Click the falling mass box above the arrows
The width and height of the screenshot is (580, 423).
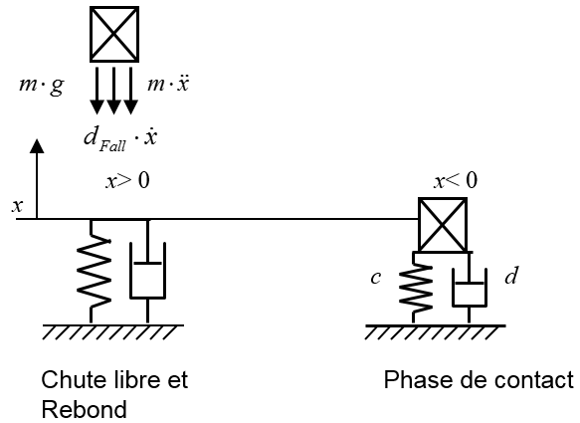pos(114,34)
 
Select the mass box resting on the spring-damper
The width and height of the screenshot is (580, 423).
pos(443,225)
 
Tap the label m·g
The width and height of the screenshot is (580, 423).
pos(42,86)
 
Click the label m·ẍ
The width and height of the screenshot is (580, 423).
pos(168,84)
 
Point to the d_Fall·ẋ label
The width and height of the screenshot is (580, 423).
pos(120,138)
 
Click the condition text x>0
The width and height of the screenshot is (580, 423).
pos(128,181)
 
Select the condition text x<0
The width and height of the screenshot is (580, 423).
pos(456,181)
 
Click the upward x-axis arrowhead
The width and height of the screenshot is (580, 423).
pos(37,146)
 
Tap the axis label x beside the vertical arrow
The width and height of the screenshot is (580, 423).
pos(17,206)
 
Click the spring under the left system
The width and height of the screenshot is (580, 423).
pos(94,272)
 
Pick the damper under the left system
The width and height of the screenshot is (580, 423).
pos(147,272)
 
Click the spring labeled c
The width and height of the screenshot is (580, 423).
pos(416,288)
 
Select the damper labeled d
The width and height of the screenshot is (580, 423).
pos(469,288)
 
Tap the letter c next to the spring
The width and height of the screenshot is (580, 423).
pos(376,278)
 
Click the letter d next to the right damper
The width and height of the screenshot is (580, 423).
pos(511,276)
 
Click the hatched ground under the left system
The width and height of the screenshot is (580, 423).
pos(112,332)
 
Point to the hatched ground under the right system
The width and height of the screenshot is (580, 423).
pos(436,332)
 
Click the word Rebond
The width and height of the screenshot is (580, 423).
pos(84,410)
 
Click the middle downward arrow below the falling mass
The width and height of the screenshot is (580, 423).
pos(113,91)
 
